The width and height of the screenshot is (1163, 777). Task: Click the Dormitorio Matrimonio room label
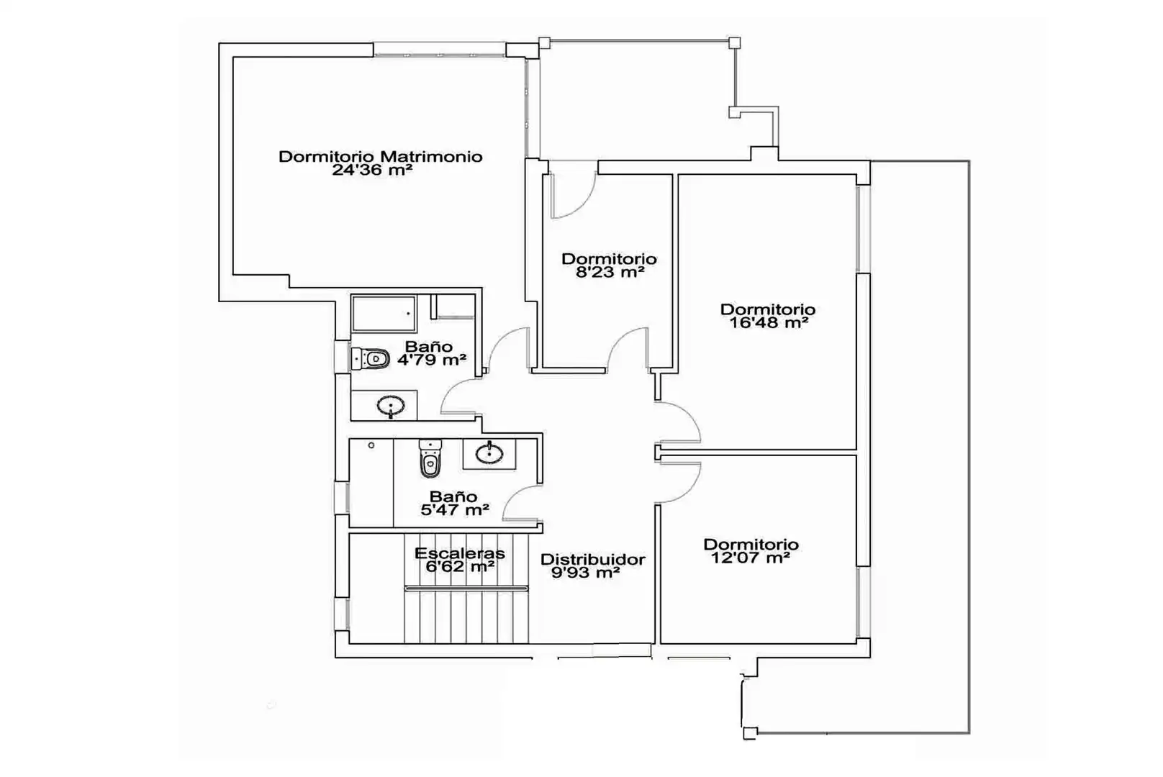381,156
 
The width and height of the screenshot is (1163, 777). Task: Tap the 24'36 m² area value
372,170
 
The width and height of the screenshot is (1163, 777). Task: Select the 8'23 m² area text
610,272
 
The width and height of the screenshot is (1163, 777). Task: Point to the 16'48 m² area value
769,323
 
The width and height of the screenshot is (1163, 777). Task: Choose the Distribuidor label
593,560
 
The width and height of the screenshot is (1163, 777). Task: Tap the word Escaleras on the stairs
459,553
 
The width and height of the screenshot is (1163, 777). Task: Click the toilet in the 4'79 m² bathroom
371,358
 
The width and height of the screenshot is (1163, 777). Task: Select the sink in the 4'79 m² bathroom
391,405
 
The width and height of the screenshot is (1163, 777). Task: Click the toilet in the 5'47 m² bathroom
430,458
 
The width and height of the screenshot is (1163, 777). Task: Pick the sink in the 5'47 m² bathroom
489,454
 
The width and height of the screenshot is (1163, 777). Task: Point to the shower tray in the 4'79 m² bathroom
384,314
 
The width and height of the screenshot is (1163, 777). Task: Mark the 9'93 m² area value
586,573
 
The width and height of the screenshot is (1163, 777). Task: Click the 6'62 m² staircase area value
460,566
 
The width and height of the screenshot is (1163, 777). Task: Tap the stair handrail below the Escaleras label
466,589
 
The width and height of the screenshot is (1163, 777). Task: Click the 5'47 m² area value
455,510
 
